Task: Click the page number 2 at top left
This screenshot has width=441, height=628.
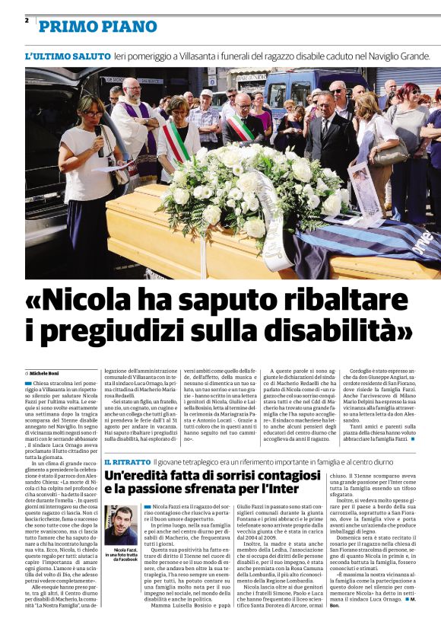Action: pyautogui.click(x=26, y=21)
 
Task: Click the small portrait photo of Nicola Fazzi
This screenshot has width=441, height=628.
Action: pyautogui.click(x=121, y=525)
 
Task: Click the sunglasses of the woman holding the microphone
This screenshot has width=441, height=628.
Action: pyautogui.click(x=94, y=113)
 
